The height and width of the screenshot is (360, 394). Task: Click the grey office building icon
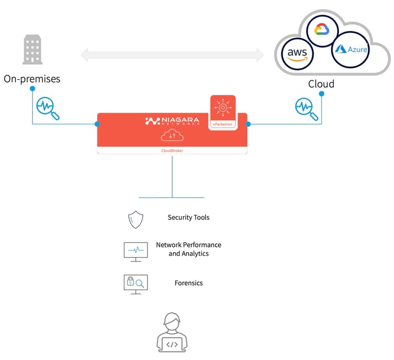(33, 49)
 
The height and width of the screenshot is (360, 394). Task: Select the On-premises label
(32, 79)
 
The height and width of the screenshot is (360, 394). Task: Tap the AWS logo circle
(297, 53)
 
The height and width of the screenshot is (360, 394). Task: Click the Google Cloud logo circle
(321, 30)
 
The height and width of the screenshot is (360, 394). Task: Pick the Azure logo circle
(350, 49)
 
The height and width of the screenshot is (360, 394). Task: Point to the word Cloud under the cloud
(321, 84)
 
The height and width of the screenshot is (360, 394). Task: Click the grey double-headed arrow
(172, 55)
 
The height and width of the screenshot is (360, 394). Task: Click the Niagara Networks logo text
(172, 121)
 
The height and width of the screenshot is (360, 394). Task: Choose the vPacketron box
(223, 112)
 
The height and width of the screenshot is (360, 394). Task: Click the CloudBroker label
(172, 150)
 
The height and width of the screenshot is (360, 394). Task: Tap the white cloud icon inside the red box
(172, 136)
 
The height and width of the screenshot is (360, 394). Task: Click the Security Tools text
(189, 217)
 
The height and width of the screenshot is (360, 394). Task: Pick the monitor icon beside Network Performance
(136, 251)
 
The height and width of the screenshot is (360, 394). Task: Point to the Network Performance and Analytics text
(189, 249)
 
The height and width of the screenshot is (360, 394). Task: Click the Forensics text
(189, 283)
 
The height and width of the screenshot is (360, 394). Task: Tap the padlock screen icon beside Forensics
(135, 282)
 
